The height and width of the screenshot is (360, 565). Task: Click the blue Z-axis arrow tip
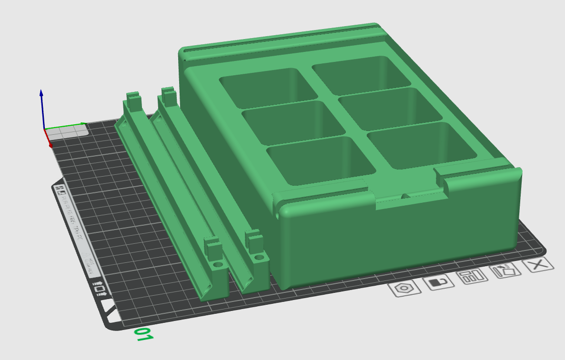tap(41, 92)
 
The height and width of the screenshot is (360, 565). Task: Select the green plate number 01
tap(143, 334)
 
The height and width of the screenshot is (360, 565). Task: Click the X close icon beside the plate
tap(538, 265)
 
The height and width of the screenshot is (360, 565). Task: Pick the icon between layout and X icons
tap(505, 271)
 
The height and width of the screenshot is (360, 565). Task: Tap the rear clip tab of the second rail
tap(168, 95)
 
